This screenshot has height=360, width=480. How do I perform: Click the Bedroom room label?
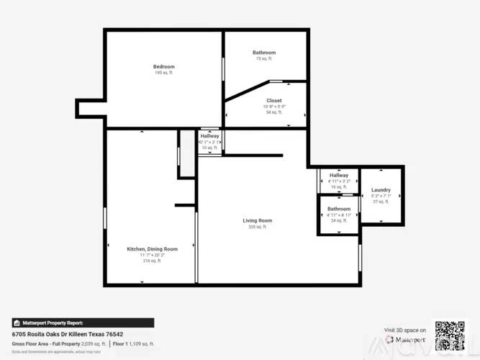[163, 67]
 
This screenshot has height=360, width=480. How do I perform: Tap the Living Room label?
[257, 220]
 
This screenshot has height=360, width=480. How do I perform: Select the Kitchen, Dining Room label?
[152, 248]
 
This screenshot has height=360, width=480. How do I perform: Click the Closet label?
[274, 101]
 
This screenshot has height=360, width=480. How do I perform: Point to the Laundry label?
[381, 190]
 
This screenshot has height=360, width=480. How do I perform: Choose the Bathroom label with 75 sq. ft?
[264, 53]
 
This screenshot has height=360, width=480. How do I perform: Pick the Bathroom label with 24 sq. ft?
[339, 209]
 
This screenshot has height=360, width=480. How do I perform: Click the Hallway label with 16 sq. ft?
[339, 176]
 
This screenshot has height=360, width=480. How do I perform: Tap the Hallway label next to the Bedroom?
[210, 136]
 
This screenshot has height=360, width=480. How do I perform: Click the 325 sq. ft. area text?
[257, 227]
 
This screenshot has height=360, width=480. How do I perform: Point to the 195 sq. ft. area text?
[163, 73]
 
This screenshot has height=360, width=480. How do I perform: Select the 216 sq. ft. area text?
[152, 261]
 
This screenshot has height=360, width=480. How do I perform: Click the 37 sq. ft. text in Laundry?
[381, 202]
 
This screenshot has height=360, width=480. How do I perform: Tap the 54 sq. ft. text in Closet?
[274, 112]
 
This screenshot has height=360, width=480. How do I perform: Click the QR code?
[448, 335]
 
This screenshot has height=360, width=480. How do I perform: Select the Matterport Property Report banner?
[82, 323]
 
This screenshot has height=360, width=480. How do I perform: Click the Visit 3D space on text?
[405, 330]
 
